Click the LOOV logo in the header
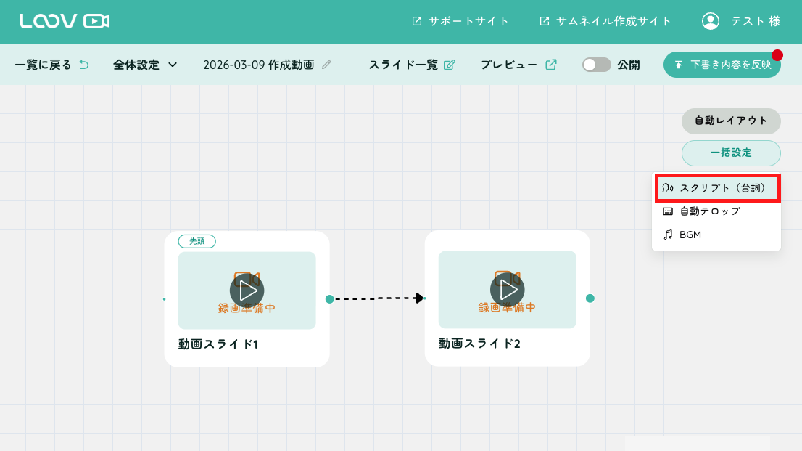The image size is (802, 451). [x=65, y=21]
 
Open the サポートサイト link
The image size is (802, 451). [x=460, y=21]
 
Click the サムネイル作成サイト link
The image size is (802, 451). [x=605, y=21]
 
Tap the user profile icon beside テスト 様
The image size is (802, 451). [x=711, y=21]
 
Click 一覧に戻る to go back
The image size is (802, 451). [x=51, y=65]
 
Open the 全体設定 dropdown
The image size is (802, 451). [x=145, y=65]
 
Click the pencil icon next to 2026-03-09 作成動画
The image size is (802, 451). [x=326, y=65]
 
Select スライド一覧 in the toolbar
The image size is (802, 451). [x=412, y=65]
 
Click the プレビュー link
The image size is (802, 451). [x=518, y=65]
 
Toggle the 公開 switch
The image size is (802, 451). [x=596, y=65]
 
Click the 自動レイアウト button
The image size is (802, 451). [x=731, y=121]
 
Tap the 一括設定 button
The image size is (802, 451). [x=731, y=153]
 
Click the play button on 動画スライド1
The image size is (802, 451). [x=247, y=290]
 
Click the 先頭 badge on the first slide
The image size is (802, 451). [x=197, y=241]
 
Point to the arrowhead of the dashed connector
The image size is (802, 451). [x=419, y=298]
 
